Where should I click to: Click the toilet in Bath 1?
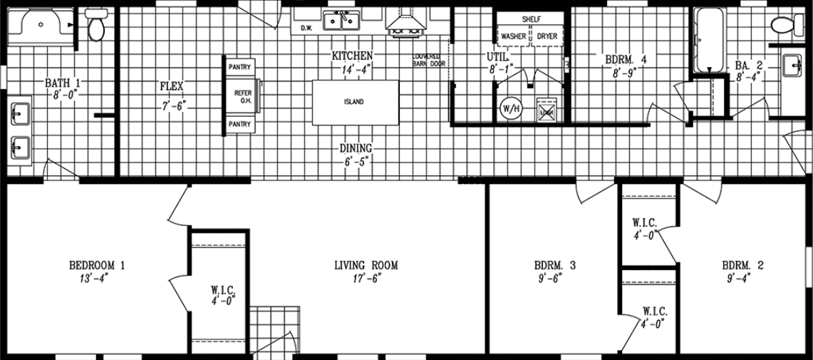click(x=95, y=26)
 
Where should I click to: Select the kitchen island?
click(x=355, y=102)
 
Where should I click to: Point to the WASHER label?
click(x=514, y=36)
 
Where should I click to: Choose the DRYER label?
click(x=547, y=36)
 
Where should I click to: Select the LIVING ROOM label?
click(x=366, y=266)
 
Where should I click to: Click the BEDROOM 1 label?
click(x=97, y=266)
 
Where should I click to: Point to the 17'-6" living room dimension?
click(x=366, y=279)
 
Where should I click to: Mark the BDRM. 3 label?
click(x=555, y=266)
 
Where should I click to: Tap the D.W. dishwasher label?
click(x=307, y=29)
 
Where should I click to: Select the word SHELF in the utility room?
click(x=531, y=19)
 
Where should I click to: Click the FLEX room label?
click(x=172, y=87)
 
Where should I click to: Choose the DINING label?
click(x=355, y=148)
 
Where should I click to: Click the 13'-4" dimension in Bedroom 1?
click(x=97, y=279)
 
